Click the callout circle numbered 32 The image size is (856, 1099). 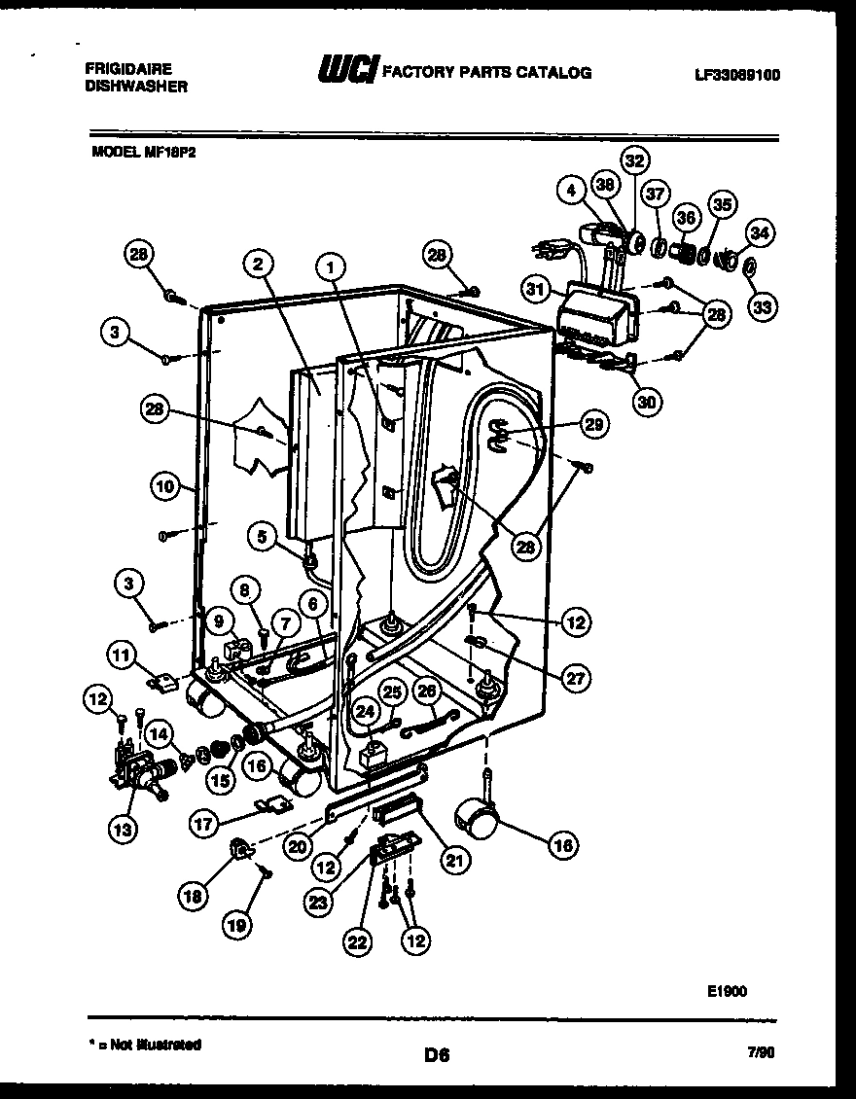point(634,160)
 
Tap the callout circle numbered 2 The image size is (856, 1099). point(258,263)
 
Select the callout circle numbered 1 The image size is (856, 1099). point(332,264)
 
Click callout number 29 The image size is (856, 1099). point(593,423)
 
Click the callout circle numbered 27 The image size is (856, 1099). point(576,679)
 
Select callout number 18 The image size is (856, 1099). point(193,896)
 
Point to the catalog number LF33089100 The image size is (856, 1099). point(737,74)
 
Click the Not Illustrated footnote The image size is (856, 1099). point(145,1045)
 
